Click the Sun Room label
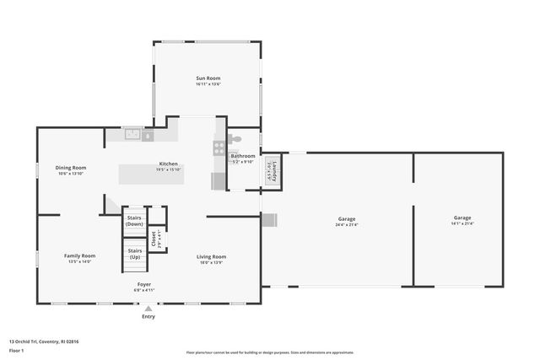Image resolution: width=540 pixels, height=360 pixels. click(x=208, y=78)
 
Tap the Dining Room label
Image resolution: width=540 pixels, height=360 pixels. click(x=71, y=168)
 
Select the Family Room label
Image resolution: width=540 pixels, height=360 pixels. click(x=80, y=255)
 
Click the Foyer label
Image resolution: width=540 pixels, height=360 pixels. click(x=145, y=284)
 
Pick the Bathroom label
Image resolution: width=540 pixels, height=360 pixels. click(x=243, y=155)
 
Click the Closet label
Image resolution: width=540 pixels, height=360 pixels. click(x=154, y=238)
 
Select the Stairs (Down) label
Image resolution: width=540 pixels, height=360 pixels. click(x=134, y=220)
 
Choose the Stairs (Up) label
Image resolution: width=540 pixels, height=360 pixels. click(x=135, y=253)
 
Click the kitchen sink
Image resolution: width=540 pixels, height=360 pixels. click(x=133, y=134)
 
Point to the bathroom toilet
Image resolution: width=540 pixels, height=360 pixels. click(x=237, y=141)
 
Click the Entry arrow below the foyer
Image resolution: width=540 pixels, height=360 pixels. click(x=148, y=309)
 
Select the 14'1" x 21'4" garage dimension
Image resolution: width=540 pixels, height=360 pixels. click(x=462, y=223)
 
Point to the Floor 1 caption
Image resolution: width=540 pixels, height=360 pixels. click(x=16, y=349)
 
